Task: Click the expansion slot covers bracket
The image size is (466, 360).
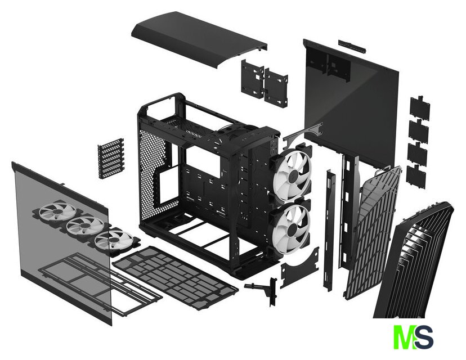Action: tap(111, 157)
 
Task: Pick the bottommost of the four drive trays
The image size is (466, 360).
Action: tap(416, 176)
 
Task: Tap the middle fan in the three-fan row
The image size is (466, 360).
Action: tap(83, 226)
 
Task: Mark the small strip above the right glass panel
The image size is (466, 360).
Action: tap(352, 46)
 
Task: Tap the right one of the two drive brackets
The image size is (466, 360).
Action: tap(276, 87)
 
